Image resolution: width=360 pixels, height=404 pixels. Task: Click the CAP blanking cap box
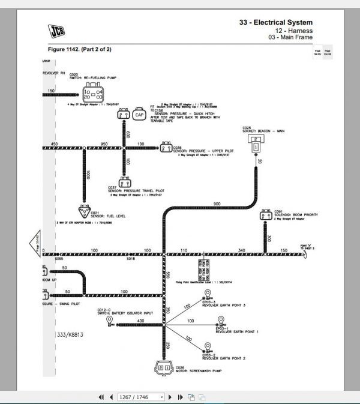click(139, 114)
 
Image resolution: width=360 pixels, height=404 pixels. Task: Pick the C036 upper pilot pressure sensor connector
click(165, 147)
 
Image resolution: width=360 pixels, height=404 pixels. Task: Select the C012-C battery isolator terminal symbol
click(111, 321)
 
